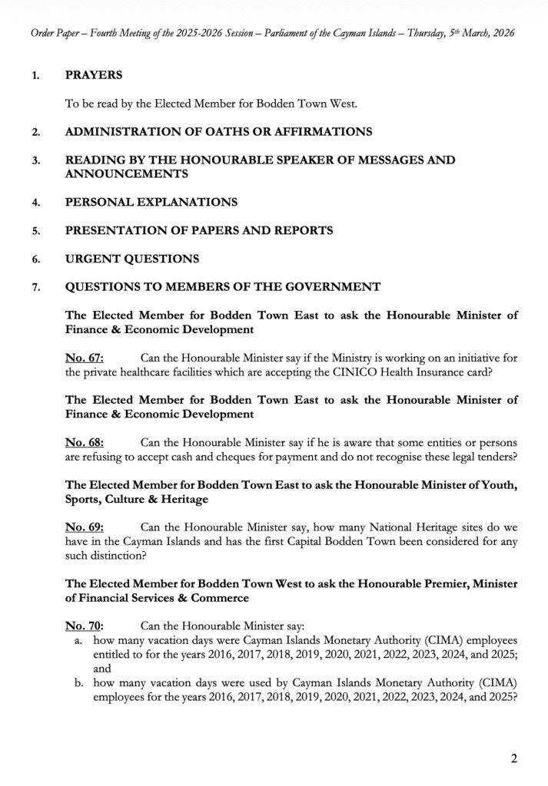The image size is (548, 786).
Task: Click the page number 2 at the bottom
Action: point(514,759)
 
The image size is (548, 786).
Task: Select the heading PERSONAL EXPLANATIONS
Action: point(151,202)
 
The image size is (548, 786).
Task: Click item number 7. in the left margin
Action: point(35,288)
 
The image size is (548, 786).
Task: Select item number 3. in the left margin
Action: point(35,160)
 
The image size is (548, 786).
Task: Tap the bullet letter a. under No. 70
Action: point(79,639)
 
